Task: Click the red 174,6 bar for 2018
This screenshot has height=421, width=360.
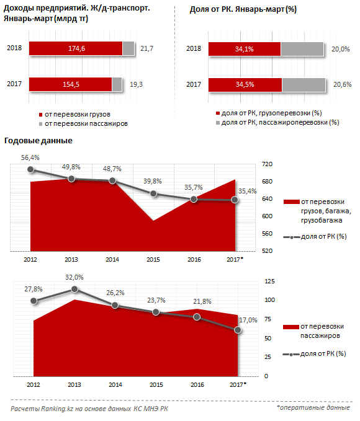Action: click(x=76, y=48)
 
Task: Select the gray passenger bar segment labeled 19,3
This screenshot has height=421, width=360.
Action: click(x=117, y=84)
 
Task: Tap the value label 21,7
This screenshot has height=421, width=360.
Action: click(x=147, y=48)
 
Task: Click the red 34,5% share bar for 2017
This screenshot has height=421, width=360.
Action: click(x=245, y=85)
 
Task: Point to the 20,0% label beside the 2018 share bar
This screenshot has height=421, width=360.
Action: click(x=340, y=49)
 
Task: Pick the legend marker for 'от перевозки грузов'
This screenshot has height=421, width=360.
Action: click(x=40, y=115)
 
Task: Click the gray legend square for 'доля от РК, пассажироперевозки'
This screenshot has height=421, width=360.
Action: click(x=218, y=123)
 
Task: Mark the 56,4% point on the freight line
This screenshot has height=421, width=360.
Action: click(x=30, y=169)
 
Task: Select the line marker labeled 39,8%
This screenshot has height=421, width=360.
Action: click(x=153, y=193)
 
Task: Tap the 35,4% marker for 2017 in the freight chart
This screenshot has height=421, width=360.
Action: click(x=235, y=200)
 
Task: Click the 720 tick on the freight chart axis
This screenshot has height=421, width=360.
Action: click(x=267, y=164)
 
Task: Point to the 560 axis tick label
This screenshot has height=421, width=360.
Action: click(x=267, y=234)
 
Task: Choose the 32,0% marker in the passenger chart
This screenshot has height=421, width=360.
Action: click(x=74, y=289)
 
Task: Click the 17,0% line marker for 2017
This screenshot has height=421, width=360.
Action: click(x=238, y=330)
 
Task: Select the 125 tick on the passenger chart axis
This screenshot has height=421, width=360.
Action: click(x=269, y=281)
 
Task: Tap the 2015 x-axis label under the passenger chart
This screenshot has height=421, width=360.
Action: click(x=156, y=385)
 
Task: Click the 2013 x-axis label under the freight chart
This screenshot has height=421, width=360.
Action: click(x=71, y=260)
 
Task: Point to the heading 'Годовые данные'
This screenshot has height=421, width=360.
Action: click(x=38, y=141)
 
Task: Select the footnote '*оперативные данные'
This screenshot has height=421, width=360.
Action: click(x=313, y=407)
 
